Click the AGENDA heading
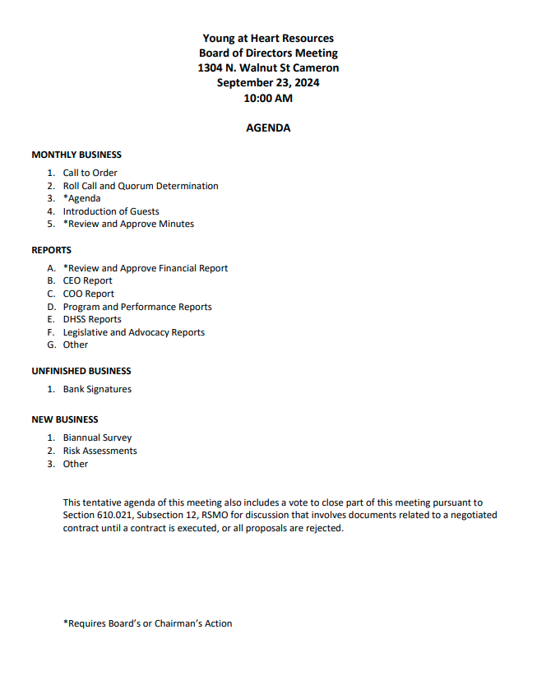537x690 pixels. [268, 128]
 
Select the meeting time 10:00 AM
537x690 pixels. [268, 98]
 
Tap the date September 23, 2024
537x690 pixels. [268, 83]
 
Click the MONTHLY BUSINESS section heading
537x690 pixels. [76, 155]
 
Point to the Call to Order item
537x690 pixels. [90, 173]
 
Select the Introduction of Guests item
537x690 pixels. [111, 211]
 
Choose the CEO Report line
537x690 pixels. [88, 280]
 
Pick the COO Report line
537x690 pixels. [89, 294]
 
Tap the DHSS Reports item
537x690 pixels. [92, 319]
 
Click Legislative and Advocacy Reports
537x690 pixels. [134, 332]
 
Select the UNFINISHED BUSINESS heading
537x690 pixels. [81, 371]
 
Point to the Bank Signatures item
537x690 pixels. [97, 389]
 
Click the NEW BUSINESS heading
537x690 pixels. [65, 419]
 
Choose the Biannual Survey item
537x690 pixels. [97, 438]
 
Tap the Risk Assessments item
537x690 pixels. [100, 451]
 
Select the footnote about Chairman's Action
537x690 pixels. [148, 623]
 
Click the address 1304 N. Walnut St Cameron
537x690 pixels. [268, 68]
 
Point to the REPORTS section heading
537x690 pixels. [52, 250]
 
